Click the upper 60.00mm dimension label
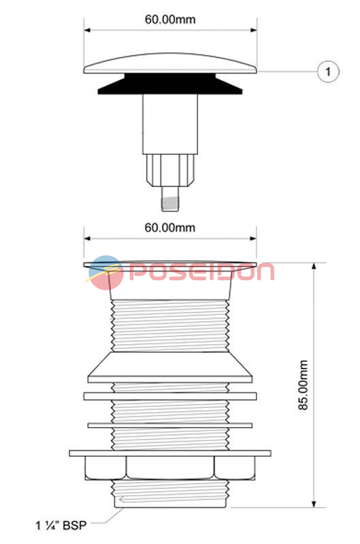[170, 19]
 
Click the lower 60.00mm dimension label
[170, 228]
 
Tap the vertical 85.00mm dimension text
[303, 385]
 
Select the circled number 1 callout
[328, 72]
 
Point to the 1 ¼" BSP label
[61, 525]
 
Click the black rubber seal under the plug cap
[170, 84]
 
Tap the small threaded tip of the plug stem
[170, 199]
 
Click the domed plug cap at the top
[170, 63]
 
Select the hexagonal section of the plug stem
[170, 171]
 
